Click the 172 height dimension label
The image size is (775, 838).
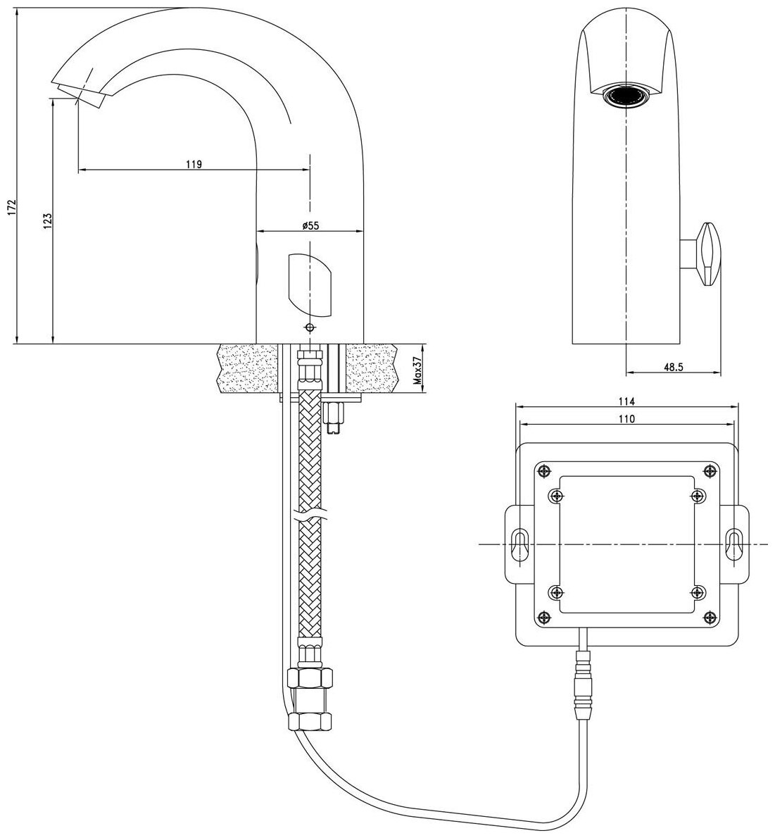coord(9,208)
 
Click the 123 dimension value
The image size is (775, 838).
coord(47,221)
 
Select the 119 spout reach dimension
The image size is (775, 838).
coord(194,164)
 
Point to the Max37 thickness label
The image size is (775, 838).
coord(417,370)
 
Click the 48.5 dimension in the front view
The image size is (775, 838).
coord(674,367)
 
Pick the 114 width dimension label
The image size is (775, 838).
coord(627,401)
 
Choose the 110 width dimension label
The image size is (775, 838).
coord(627,418)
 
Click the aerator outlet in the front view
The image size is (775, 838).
coord(626,96)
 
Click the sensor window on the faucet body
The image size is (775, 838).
coord(310,284)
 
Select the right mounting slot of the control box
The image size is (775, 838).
coord(733,544)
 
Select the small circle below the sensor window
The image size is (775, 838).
coord(310,327)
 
